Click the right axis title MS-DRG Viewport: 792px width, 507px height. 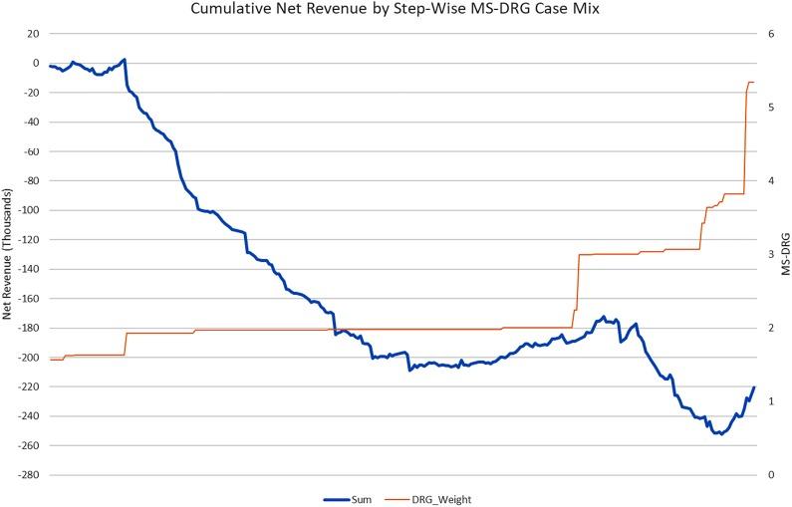point(784,255)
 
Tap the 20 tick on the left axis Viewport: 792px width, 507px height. point(32,34)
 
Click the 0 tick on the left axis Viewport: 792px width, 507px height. point(35,63)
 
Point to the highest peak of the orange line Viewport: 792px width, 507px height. point(751,82)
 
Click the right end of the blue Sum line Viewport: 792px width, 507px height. point(754,387)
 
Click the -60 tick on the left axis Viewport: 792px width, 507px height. point(30,151)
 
